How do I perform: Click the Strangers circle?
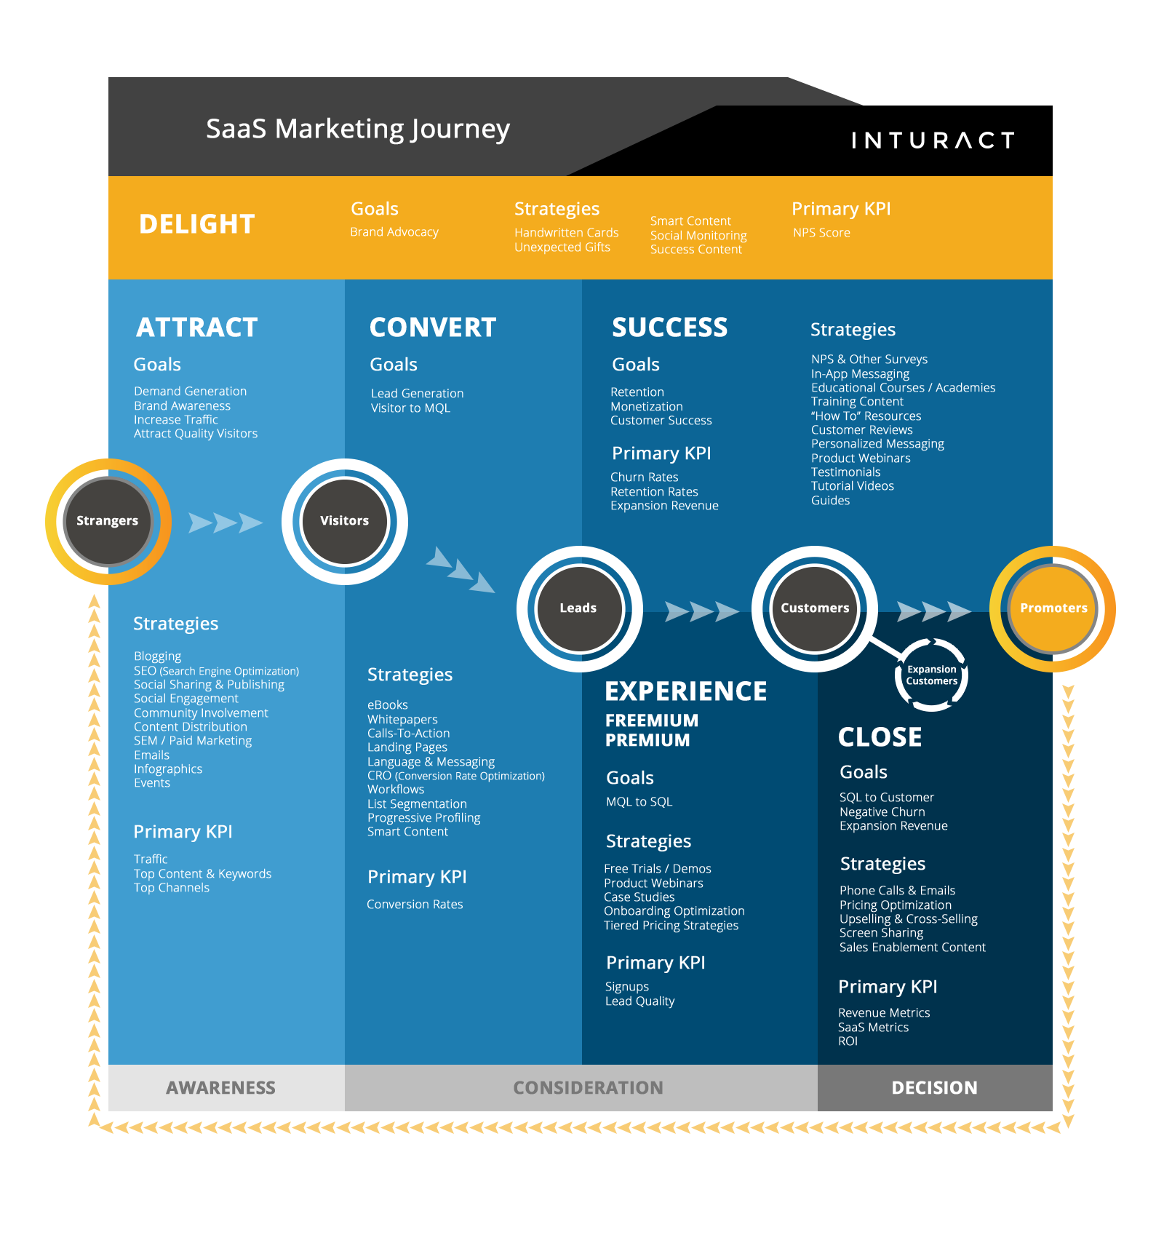(108, 521)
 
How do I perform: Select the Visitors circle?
(345, 521)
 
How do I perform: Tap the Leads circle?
(579, 608)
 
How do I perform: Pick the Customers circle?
(815, 608)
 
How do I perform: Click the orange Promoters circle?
(1053, 608)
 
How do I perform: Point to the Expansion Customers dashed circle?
(931, 675)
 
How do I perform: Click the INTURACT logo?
(933, 140)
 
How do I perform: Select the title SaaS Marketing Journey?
(358, 130)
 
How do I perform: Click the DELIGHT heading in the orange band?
(197, 224)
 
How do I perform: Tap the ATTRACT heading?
(197, 327)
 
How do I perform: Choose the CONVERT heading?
(433, 327)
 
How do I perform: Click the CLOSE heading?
(880, 737)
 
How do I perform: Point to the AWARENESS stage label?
(221, 1088)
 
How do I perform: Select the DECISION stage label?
(935, 1088)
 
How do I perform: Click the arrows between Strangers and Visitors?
(226, 523)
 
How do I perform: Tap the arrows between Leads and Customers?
(701, 611)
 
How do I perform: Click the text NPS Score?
(821, 233)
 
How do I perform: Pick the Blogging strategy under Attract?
(158, 656)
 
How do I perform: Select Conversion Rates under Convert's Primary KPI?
(415, 905)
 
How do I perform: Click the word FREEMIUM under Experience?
(652, 720)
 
